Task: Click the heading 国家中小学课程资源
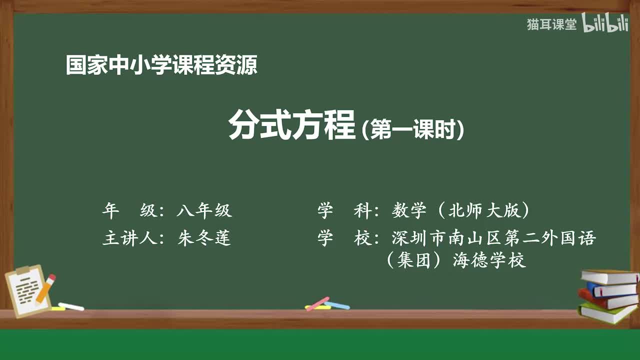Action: [161, 65]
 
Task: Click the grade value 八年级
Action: [204, 211]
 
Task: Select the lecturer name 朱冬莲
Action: [204, 238]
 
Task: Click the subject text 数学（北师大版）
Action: [460, 211]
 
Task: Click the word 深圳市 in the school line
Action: [417, 238]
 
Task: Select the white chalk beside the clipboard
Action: [71, 306]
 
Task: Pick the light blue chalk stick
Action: [337, 305]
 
